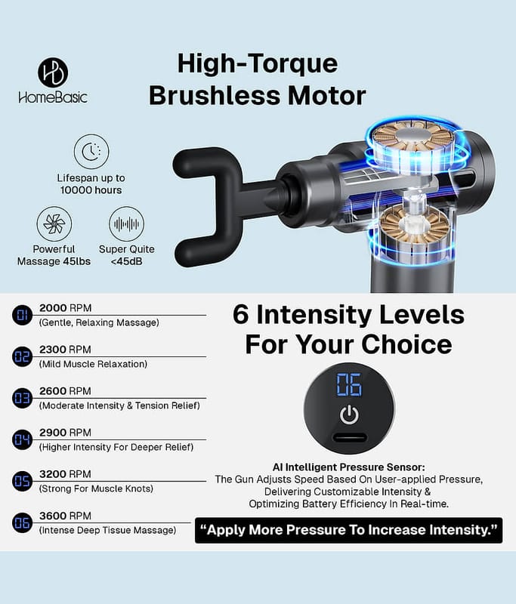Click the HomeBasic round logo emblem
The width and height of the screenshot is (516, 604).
[x=53, y=72]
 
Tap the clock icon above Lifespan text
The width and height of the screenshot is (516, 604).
[x=91, y=152]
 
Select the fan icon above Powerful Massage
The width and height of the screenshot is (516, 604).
[x=54, y=223]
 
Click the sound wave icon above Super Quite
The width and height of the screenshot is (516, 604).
[x=127, y=223]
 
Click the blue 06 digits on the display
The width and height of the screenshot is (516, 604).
[x=349, y=384]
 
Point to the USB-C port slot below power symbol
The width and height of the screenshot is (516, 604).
[x=350, y=438]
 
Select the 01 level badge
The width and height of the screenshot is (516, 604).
[x=23, y=315]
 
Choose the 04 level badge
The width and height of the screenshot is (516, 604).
[x=23, y=439]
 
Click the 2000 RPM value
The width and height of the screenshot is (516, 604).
[x=65, y=308]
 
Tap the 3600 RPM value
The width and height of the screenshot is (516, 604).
[x=65, y=516]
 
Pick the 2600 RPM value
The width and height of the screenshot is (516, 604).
[x=65, y=391]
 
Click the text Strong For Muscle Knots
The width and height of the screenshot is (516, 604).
[x=96, y=488]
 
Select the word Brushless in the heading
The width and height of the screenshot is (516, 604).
[x=215, y=96]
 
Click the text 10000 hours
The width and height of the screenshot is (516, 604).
[x=91, y=190]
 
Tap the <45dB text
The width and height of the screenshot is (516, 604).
[x=126, y=261]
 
